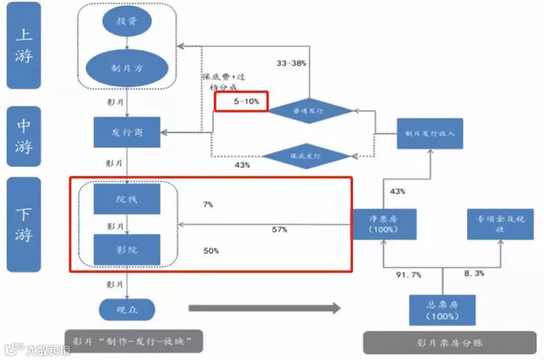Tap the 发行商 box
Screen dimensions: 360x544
tap(127, 132)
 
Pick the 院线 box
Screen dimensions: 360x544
tap(127, 199)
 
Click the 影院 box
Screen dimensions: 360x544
tap(127, 250)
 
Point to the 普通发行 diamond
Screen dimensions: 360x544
tap(310, 111)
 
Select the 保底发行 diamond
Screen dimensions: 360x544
tap(306, 156)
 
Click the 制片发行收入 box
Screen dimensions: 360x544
tap(430, 133)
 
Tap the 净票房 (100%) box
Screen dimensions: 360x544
tap(384, 224)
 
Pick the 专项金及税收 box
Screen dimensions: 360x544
tap(500, 224)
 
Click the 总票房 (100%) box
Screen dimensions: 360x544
tap(442, 310)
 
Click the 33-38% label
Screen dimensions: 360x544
tap(291, 63)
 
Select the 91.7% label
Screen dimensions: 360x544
tap(409, 275)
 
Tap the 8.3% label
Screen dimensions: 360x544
tap(474, 273)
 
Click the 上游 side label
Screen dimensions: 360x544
tap(24, 45)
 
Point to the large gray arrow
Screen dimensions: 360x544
tap(265, 308)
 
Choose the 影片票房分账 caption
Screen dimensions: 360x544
tap(449, 343)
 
